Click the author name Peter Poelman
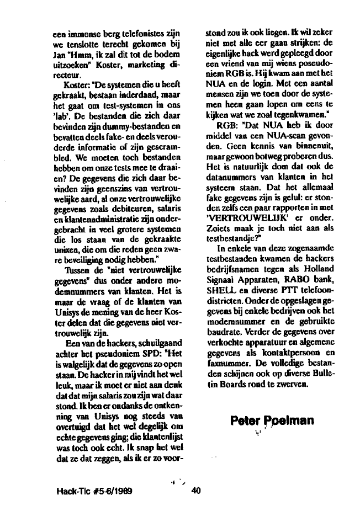272,422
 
